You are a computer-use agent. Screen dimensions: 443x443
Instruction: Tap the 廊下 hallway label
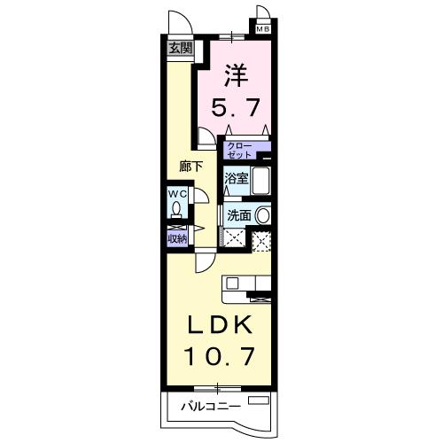(x=190, y=166)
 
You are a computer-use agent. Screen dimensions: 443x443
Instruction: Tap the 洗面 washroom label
(x=238, y=214)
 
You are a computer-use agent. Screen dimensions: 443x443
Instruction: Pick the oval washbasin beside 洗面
(x=264, y=214)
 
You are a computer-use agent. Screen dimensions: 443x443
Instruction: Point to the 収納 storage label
(x=176, y=237)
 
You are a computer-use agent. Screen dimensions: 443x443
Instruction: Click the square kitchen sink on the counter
(x=232, y=284)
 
